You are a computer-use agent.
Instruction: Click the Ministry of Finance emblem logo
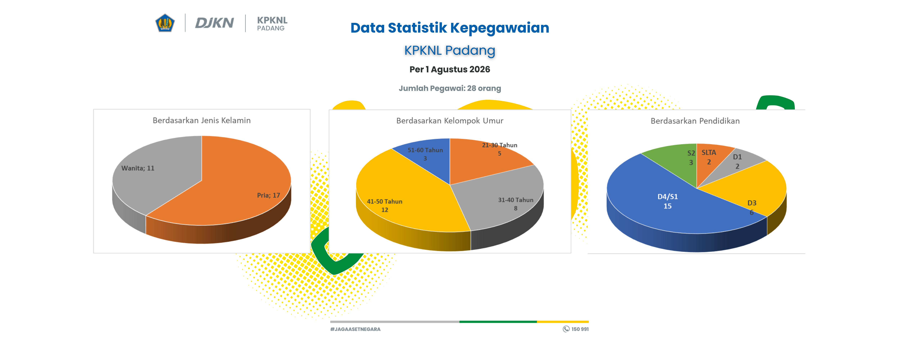tap(165, 23)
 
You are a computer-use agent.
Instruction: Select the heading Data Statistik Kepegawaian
tap(450, 28)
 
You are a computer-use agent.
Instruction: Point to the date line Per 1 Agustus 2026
tap(450, 69)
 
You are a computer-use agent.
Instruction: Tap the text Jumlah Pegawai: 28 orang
tap(450, 88)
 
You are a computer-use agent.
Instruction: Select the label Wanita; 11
tap(138, 168)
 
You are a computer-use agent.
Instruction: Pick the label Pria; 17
tap(268, 195)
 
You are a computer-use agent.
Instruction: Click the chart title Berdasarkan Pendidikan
tap(695, 121)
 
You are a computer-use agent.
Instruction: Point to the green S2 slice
tap(676, 161)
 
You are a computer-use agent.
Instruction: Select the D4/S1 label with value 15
tap(667, 201)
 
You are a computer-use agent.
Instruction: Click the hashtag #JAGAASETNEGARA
tap(355, 329)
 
